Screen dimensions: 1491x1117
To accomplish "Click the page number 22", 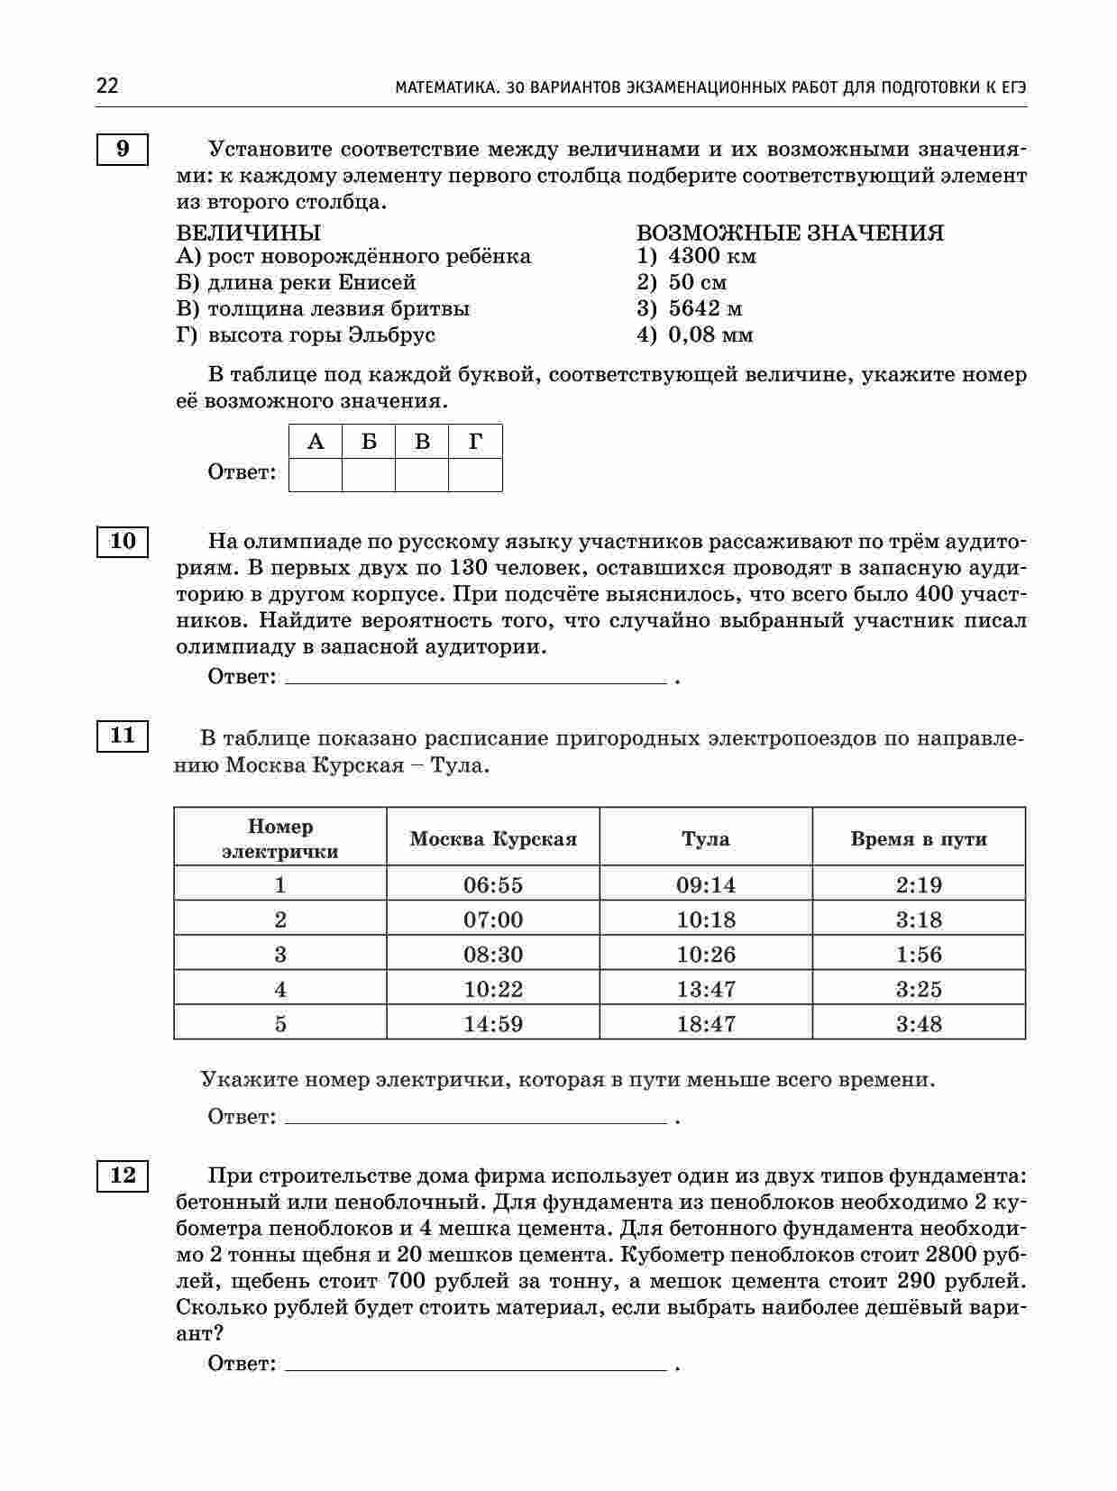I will coord(106,87).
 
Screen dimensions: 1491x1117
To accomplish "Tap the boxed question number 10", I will coord(122,541).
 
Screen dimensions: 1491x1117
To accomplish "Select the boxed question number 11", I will coord(122,736).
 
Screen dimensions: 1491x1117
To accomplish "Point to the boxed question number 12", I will coord(122,1175).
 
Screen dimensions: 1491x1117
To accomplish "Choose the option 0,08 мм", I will coord(710,335).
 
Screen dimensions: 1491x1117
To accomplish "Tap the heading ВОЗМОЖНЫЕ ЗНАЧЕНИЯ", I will coord(790,233).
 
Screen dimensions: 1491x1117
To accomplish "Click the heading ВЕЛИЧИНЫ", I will coord(248,233).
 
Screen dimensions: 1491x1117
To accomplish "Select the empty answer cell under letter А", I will coord(316,474).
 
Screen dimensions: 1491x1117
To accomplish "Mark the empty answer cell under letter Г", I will coord(475,474).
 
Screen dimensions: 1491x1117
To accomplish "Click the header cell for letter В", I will coord(422,442).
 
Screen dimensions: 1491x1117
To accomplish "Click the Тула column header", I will coord(706,839).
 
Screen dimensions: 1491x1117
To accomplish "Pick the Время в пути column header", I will coord(919,839).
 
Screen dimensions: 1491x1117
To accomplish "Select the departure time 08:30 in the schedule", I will coord(493,955).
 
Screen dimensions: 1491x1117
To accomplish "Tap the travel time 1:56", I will coord(919,955).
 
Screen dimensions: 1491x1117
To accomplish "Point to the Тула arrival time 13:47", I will coord(706,990).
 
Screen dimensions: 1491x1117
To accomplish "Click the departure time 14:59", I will coord(493,1024).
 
